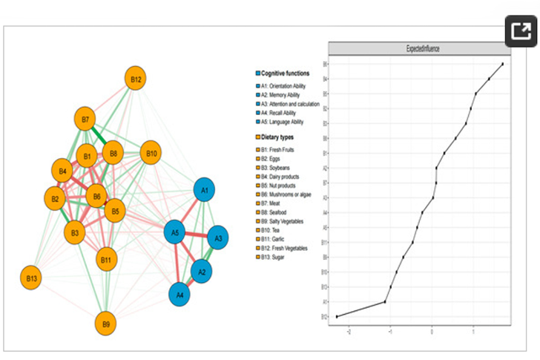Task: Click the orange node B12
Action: click(136, 79)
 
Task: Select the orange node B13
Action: click(32, 278)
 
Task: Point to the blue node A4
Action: click(180, 294)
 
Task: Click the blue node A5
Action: click(175, 234)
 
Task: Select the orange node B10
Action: click(151, 154)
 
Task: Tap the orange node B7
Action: click(86, 120)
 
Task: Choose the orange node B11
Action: click(107, 260)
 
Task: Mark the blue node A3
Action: click(218, 239)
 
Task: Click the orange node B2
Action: click(54, 200)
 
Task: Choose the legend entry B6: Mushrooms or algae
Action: click(286, 194)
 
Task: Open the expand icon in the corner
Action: click(521, 32)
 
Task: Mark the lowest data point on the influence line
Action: click(337, 316)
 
